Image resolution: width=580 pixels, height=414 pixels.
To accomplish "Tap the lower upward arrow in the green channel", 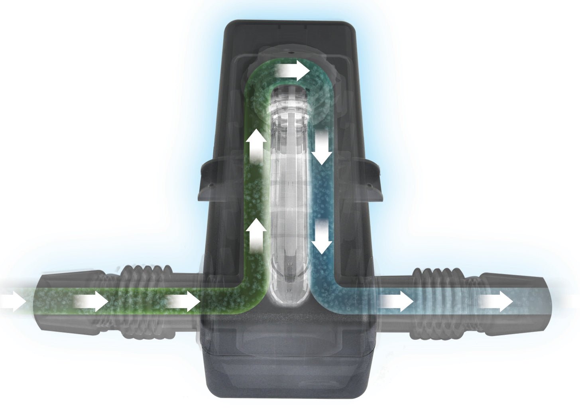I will pyautogui.click(x=256, y=236).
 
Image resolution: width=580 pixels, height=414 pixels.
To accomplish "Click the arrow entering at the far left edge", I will pyautogui.click(x=12, y=301).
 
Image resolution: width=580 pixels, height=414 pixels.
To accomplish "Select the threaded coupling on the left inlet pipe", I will pyautogui.click(x=140, y=301).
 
